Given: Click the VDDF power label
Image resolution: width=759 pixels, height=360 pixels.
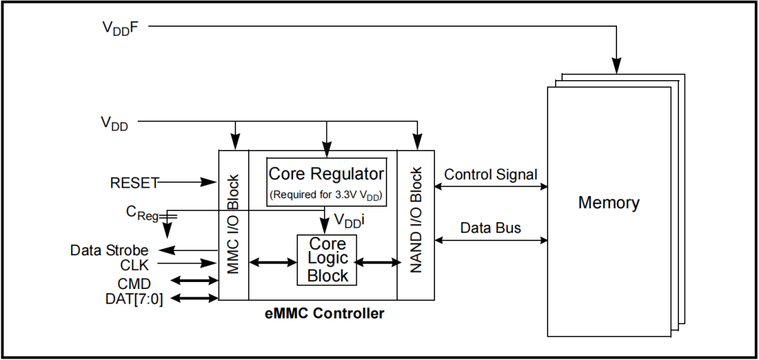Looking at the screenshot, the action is coord(121,27).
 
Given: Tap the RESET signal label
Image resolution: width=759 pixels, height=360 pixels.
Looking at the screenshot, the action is coord(134,183).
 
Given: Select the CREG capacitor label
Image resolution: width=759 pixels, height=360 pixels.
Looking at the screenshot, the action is coord(142,213).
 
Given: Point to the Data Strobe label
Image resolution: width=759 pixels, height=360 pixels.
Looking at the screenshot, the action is coord(109,250).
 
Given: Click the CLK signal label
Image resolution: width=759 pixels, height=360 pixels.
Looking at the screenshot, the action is coord(134,265).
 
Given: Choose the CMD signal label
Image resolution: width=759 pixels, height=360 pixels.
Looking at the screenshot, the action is coord(134,283).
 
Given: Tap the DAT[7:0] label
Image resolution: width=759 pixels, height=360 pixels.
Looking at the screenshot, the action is coord(134,299).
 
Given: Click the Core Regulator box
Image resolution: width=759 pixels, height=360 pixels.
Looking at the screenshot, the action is coord(327,181).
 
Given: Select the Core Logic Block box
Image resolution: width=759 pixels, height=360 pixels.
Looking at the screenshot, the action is coord(327,260).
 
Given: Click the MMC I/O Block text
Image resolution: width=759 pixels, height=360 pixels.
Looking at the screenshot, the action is coord(233,225).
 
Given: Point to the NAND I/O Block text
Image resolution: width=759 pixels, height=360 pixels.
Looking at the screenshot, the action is coord(416,220).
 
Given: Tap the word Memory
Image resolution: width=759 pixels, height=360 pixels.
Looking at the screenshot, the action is coord(609,202).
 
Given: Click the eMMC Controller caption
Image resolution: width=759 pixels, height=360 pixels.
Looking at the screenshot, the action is coord(325,314).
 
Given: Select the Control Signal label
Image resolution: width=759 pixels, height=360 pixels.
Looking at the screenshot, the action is coord(491,174).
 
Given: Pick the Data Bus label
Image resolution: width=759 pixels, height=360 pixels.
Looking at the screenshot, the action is coord(491,228).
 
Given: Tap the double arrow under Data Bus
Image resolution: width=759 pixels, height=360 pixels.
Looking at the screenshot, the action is coord(491,240).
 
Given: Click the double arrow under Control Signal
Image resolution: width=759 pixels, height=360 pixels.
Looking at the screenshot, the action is coord(491,186).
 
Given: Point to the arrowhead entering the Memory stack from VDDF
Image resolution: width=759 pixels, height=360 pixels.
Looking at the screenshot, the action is coord(616,66).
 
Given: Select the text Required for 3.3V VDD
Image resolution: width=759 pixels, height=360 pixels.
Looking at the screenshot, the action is coord(327,195).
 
